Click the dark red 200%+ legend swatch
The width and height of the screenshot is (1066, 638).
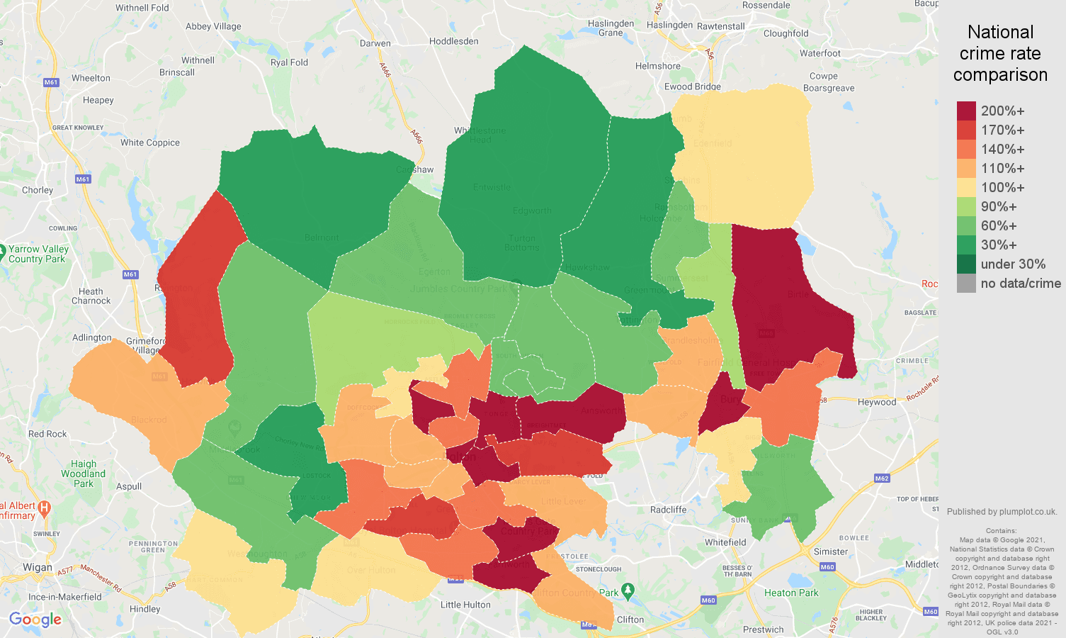[x=966, y=111]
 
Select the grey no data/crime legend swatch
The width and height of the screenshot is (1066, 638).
[x=966, y=284]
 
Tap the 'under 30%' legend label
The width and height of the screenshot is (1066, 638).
[x=1013, y=264]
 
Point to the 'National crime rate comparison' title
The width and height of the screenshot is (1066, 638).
[x=1000, y=53]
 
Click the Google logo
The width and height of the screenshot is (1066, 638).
[x=35, y=620]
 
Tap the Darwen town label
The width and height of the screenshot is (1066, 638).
[x=375, y=43]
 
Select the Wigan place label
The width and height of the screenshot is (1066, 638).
[x=37, y=567]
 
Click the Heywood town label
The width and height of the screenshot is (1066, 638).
[x=877, y=402]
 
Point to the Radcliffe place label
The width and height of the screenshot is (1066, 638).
[x=668, y=510]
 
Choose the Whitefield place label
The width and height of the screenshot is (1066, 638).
[x=725, y=542]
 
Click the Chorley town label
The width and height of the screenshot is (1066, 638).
[x=38, y=190]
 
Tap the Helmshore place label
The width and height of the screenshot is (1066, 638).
[x=657, y=66]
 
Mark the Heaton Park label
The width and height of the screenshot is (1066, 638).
[x=791, y=593]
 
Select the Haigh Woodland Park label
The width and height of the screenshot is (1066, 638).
[x=83, y=474]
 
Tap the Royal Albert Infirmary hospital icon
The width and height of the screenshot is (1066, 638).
[x=44, y=508]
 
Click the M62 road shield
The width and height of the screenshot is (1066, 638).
[x=881, y=478]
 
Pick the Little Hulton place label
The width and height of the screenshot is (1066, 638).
[x=465, y=605]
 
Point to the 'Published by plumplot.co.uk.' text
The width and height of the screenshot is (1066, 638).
[x=1002, y=512]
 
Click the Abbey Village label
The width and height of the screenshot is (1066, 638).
[x=213, y=26]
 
